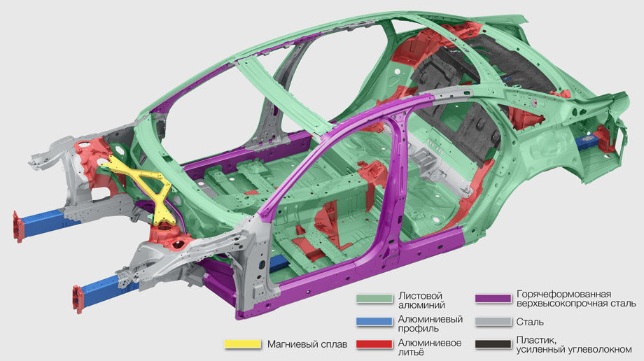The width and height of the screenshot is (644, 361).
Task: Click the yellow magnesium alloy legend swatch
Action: pyautogui.click(x=243, y=344)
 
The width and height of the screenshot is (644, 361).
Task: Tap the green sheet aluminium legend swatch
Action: pyautogui.click(x=374, y=299)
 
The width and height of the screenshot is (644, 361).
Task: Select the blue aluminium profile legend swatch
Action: pyautogui.click(x=374, y=322)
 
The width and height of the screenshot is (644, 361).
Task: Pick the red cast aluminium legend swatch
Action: pyautogui.click(x=374, y=344)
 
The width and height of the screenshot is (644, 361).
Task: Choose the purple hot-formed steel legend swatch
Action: pyautogui.click(x=493, y=299)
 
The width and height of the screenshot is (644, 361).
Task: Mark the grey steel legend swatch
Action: pyautogui.click(x=493, y=322)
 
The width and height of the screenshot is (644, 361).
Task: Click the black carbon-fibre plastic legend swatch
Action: pyautogui.click(x=493, y=344)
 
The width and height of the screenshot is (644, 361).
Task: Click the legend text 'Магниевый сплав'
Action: pyautogui.click(x=307, y=344)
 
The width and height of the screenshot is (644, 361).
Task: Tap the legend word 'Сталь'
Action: pyautogui.click(x=530, y=322)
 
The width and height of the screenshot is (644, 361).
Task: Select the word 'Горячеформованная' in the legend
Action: pyautogui.click(x=564, y=295)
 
